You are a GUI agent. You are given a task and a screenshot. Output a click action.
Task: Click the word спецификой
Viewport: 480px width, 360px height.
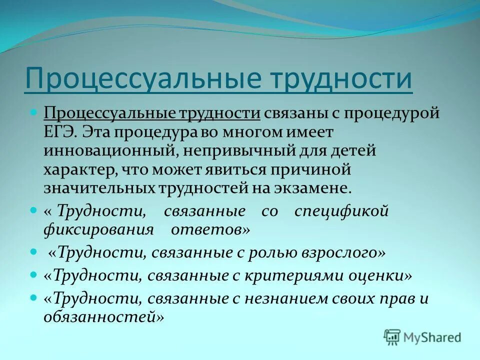pos(341,211)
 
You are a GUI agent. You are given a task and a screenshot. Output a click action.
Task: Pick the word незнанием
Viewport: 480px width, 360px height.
pos(286,298)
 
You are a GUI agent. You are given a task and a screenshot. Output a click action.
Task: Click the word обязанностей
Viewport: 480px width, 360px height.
pos(103,316)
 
